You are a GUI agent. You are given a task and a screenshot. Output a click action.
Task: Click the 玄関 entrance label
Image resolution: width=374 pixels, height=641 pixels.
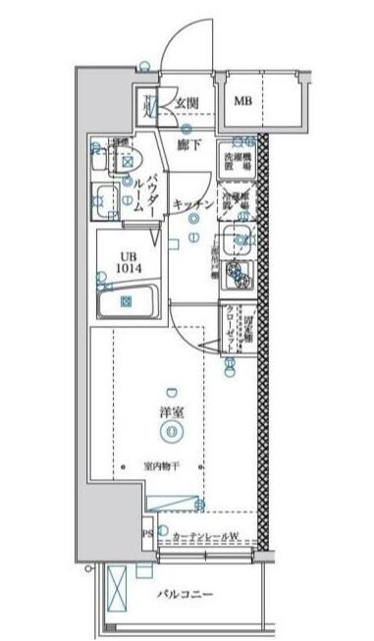coord(187,101)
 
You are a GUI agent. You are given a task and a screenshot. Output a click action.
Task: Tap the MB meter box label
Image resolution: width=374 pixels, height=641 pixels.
coord(241,100)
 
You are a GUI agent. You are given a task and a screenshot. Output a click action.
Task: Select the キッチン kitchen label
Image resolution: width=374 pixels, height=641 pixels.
coord(192,203)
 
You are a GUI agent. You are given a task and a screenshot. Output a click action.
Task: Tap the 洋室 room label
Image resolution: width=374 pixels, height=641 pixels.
coord(172,412)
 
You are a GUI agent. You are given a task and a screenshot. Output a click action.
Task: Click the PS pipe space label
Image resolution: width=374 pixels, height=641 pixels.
coord(147,535)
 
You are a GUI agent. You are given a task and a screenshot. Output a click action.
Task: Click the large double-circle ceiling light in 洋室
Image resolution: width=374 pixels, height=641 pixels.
coord(172,430)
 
